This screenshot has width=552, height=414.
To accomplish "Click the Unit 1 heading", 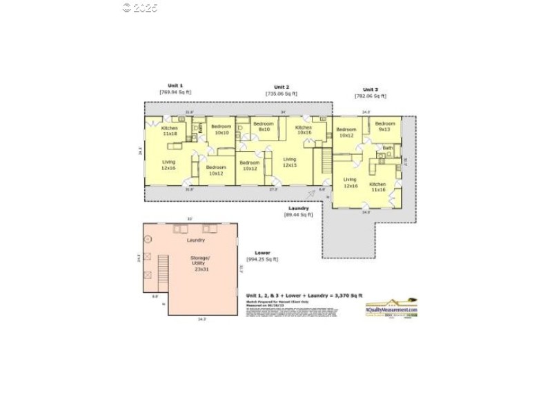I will pyautogui.click(x=175, y=85).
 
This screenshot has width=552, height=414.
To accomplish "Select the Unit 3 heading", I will pyautogui.click(x=371, y=90).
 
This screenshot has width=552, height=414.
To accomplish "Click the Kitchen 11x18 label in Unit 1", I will pyautogui.click(x=170, y=131).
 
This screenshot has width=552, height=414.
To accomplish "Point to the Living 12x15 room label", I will pyautogui.click(x=290, y=162).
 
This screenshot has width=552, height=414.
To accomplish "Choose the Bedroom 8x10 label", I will pyautogui.click(x=264, y=127).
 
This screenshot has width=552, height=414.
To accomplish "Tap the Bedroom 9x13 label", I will pyautogui.click(x=385, y=126).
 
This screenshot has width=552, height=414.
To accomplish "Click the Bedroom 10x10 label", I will pyautogui.click(x=221, y=130).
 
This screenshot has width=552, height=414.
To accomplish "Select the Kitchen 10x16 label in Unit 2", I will pyautogui.click(x=304, y=130).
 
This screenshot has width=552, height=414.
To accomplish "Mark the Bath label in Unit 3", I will pyautogui.click(x=388, y=148).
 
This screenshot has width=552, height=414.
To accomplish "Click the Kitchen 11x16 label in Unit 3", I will pyautogui.click(x=378, y=187).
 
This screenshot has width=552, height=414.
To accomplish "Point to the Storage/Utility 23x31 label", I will pyautogui.click(x=201, y=264).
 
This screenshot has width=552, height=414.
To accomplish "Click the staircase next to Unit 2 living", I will pyautogui.click(x=323, y=162).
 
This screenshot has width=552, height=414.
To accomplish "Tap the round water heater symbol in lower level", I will pyautogui.click(x=148, y=239).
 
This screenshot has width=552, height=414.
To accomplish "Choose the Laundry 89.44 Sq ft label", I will pyautogui.click(x=299, y=211).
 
